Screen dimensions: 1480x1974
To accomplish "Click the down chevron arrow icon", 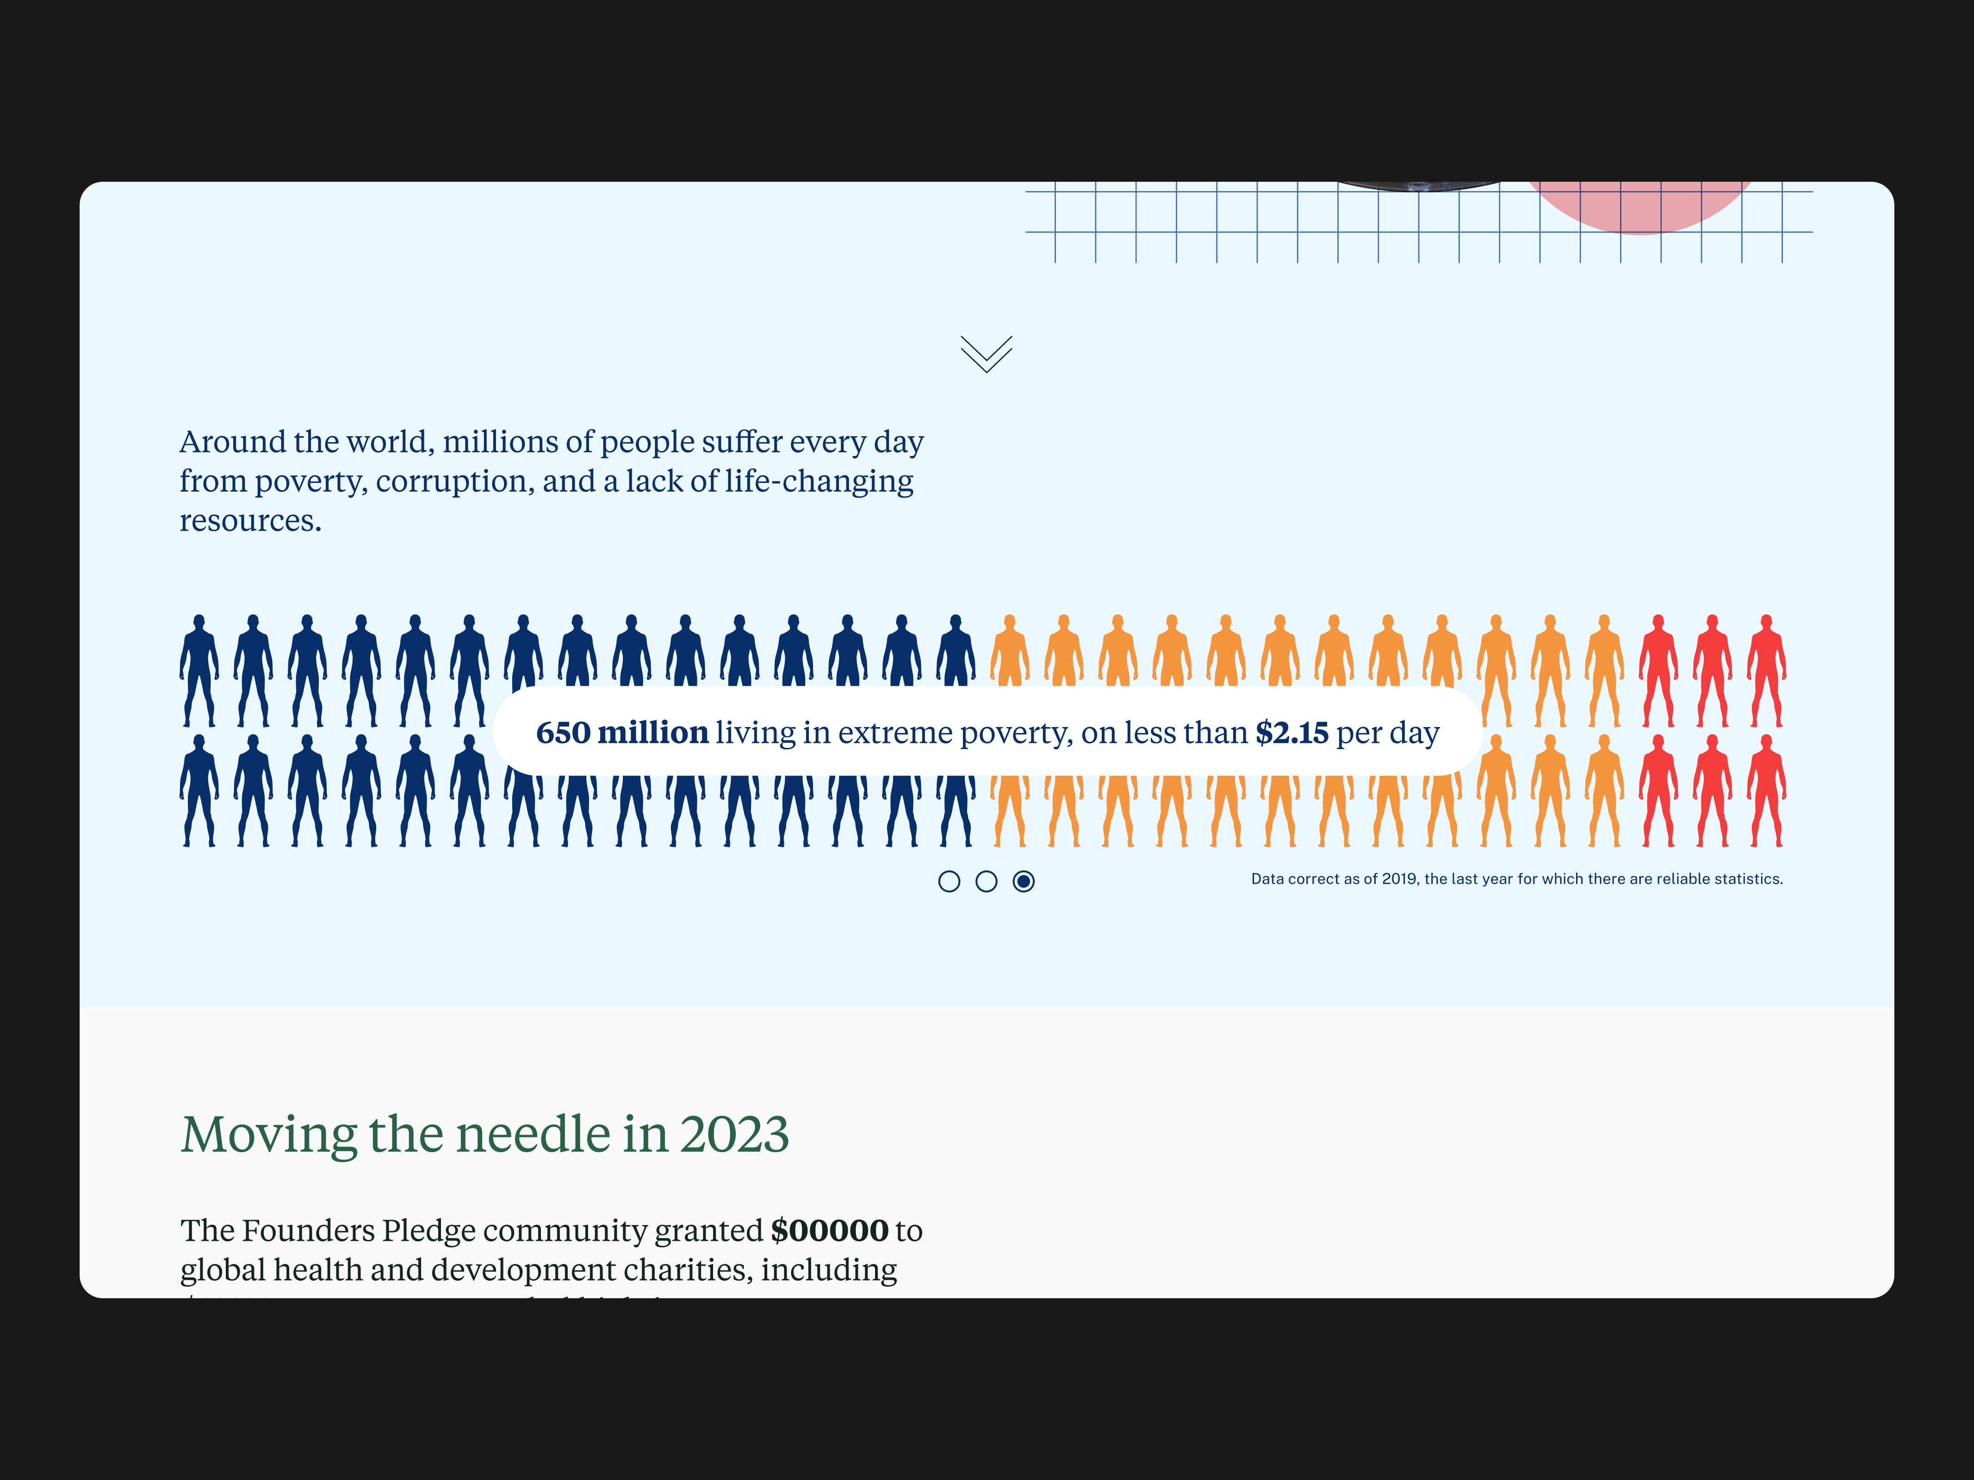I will point(986,354).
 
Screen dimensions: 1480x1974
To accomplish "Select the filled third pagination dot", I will point(1024,882).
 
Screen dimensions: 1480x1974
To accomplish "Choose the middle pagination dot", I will point(986,882).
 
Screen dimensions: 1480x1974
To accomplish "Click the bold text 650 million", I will point(622,733).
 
